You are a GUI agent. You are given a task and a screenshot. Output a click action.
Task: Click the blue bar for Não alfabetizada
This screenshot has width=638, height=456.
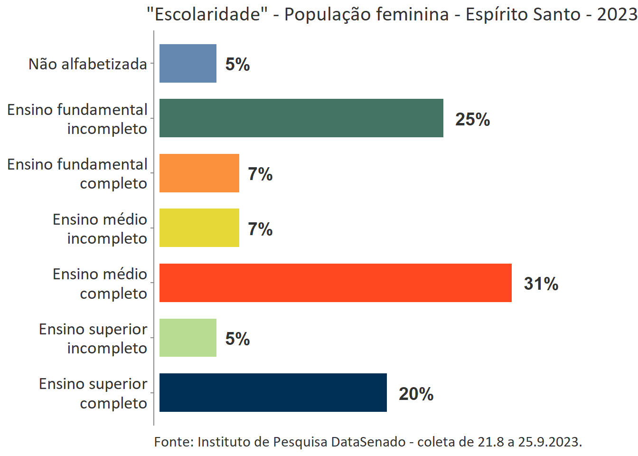pyautogui.click(x=188, y=63)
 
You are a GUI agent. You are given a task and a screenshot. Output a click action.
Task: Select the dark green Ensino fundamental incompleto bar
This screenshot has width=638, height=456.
pyautogui.click(x=301, y=118)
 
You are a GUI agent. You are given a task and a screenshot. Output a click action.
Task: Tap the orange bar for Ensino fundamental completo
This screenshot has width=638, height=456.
pyautogui.click(x=199, y=173)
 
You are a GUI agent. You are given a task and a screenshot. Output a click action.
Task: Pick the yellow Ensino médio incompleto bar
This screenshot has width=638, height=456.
pyautogui.click(x=199, y=228)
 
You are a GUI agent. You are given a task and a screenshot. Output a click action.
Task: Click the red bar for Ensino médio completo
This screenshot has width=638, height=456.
pyautogui.click(x=335, y=283)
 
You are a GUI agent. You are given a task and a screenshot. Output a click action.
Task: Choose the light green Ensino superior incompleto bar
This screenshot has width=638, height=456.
pyautogui.click(x=188, y=338)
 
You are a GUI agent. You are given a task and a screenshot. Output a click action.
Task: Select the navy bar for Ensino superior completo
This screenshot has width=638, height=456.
pyautogui.click(x=273, y=392)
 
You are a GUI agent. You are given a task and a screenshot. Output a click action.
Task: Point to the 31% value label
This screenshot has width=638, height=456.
pyautogui.click(x=541, y=284)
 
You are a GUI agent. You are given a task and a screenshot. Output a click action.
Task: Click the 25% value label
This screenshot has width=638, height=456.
pyautogui.click(x=472, y=119)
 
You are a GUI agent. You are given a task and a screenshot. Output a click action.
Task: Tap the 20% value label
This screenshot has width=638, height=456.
pyautogui.click(x=416, y=394)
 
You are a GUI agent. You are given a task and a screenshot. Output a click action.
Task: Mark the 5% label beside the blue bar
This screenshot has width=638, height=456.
pyautogui.click(x=237, y=64)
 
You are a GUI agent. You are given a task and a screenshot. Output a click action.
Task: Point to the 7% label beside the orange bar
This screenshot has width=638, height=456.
pyautogui.click(x=260, y=174)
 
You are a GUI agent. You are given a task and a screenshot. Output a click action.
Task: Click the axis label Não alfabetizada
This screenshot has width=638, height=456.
pyautogui.click(x=88, y=64)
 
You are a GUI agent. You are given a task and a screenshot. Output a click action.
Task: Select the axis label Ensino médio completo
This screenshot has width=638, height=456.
pyautogui.click(x=100, y=284)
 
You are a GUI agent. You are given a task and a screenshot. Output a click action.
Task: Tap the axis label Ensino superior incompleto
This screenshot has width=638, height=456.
pyautogui.click(x=93, y=338)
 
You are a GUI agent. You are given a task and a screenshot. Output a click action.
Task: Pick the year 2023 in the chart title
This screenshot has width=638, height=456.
pyautogui.click(x=616, y=14)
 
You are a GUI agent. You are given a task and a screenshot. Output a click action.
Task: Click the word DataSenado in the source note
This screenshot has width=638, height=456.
pyautogui.click(x=368, y=442)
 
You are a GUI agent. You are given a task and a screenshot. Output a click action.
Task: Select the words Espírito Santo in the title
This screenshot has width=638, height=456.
pyautogui.click(x=523, y=14)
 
